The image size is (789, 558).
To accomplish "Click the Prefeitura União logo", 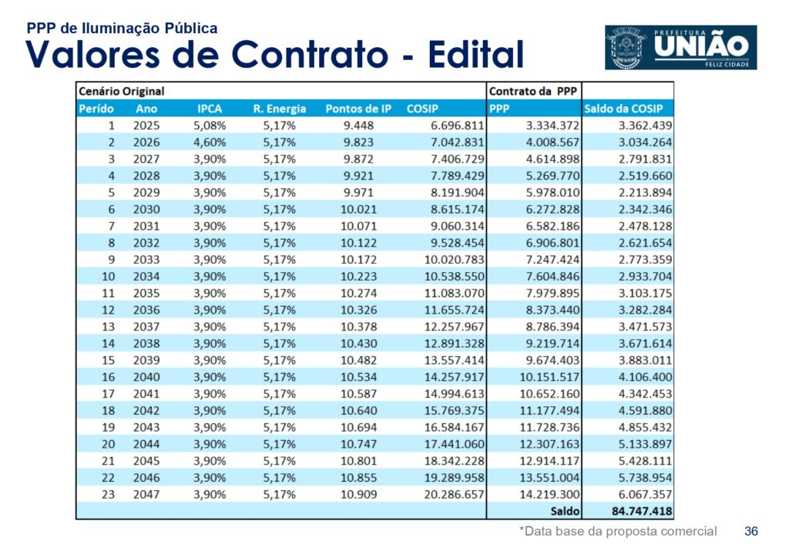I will coord(680,48).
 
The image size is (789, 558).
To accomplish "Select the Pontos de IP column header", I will coord(358,109).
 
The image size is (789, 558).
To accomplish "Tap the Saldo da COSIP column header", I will coord(623,109).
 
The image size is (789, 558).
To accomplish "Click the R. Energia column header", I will coord(279,109).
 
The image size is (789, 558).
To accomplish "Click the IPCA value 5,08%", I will coord(209,126).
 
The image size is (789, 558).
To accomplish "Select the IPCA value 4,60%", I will coord(209,143).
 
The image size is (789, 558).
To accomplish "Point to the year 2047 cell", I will coord(146,494).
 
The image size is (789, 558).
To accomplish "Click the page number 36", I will coord(751,531).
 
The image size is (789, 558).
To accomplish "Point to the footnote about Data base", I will coord(618,531).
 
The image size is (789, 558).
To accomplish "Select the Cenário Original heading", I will coord(122,92).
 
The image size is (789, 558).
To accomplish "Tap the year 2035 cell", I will coord(146,293).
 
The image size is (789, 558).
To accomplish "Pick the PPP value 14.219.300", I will coord(549,494).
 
